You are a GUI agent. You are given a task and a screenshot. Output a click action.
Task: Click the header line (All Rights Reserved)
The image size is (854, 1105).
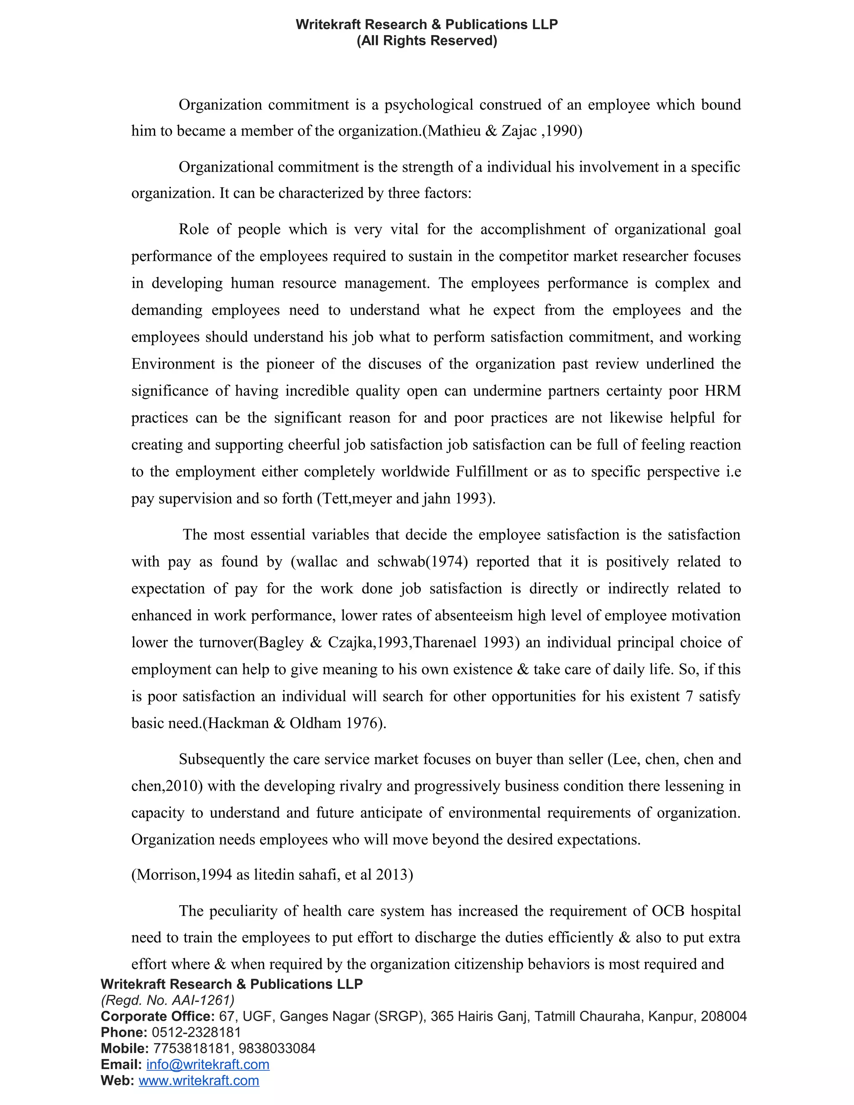pos(427,40)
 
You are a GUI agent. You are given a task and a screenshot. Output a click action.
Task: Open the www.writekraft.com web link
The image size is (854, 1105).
pos(199,1081)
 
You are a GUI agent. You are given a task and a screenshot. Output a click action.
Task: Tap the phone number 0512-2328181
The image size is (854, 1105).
pos(196,1032)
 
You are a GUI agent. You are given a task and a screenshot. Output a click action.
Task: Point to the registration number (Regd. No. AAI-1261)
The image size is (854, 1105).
pos(168,1000)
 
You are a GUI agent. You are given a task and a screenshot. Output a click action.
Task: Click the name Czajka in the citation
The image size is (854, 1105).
pos(351,643)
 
